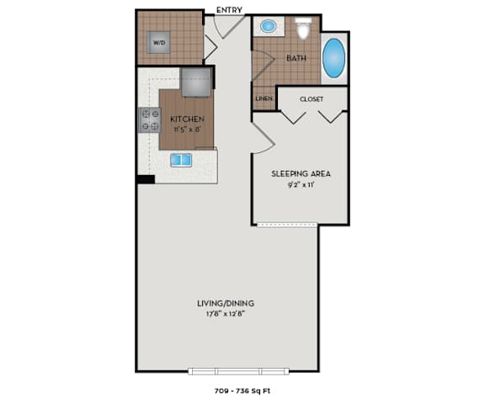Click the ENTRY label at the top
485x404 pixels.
point(229,10)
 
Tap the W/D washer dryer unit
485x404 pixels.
point(158,42)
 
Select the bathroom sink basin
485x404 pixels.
point(268,26)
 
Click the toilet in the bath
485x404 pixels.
point(303,28)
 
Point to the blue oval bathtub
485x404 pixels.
point(333,58)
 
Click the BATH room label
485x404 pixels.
point(296,58)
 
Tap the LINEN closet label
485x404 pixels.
point(264,98)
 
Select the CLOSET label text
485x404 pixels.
point(312,99)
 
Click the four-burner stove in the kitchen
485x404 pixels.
point(150,120)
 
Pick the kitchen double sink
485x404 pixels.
point(181,161)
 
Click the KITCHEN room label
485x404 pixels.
point(187,119)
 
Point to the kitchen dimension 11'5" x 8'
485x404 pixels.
point(188,130)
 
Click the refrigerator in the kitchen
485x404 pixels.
point(196,82)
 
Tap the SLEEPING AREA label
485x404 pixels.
point(301,173)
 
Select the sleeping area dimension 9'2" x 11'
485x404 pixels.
point(301,185)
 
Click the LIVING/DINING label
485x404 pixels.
point(226,303)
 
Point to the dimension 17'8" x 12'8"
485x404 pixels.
point(226,314)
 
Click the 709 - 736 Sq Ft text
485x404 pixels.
point(242,391)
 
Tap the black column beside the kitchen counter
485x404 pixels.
point(146,179)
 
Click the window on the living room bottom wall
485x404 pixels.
point(238,371)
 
